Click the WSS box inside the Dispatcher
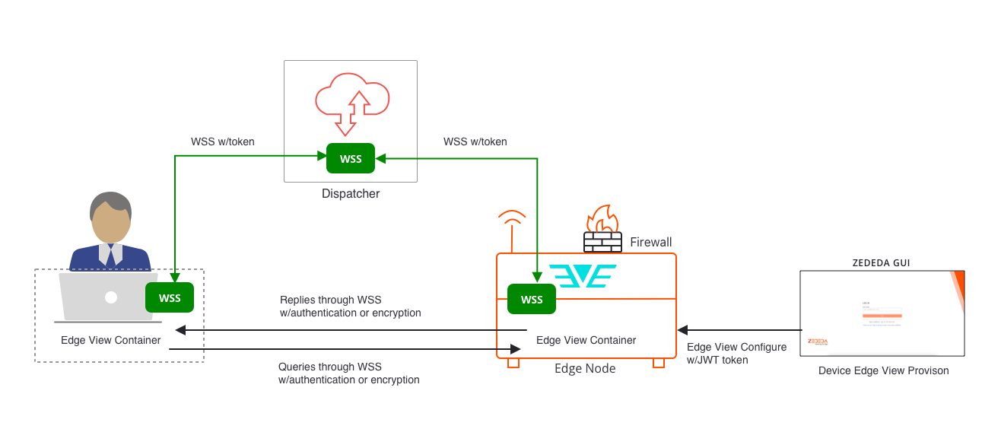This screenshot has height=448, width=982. tap(351, 158)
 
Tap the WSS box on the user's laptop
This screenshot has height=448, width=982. tap(170, 297)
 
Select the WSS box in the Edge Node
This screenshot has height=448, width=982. tap(532, 299)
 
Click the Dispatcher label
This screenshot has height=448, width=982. tap(351, 194)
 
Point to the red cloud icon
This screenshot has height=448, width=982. tap(352, 99)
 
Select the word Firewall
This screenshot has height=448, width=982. tap(651, 243)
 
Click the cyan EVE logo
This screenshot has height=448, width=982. tap(583, 275)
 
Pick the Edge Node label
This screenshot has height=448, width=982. tap(585, 369)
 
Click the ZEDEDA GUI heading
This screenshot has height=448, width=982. tap(882, 263)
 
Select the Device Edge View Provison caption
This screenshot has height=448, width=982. tap(883, 371)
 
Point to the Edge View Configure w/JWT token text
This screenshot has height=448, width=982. tap(736, 354)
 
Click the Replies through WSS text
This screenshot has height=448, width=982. tap(350, 307)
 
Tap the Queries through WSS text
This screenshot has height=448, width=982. tap(348, 373)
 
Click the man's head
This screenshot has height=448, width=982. tap(111, 217)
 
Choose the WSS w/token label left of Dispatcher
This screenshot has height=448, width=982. tap(223, 141)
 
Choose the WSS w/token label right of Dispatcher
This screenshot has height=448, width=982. tap(475, 141)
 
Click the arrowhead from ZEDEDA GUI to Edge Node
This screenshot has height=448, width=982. tap(682, 330)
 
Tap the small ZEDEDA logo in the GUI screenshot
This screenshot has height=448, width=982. tap(818, 342)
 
